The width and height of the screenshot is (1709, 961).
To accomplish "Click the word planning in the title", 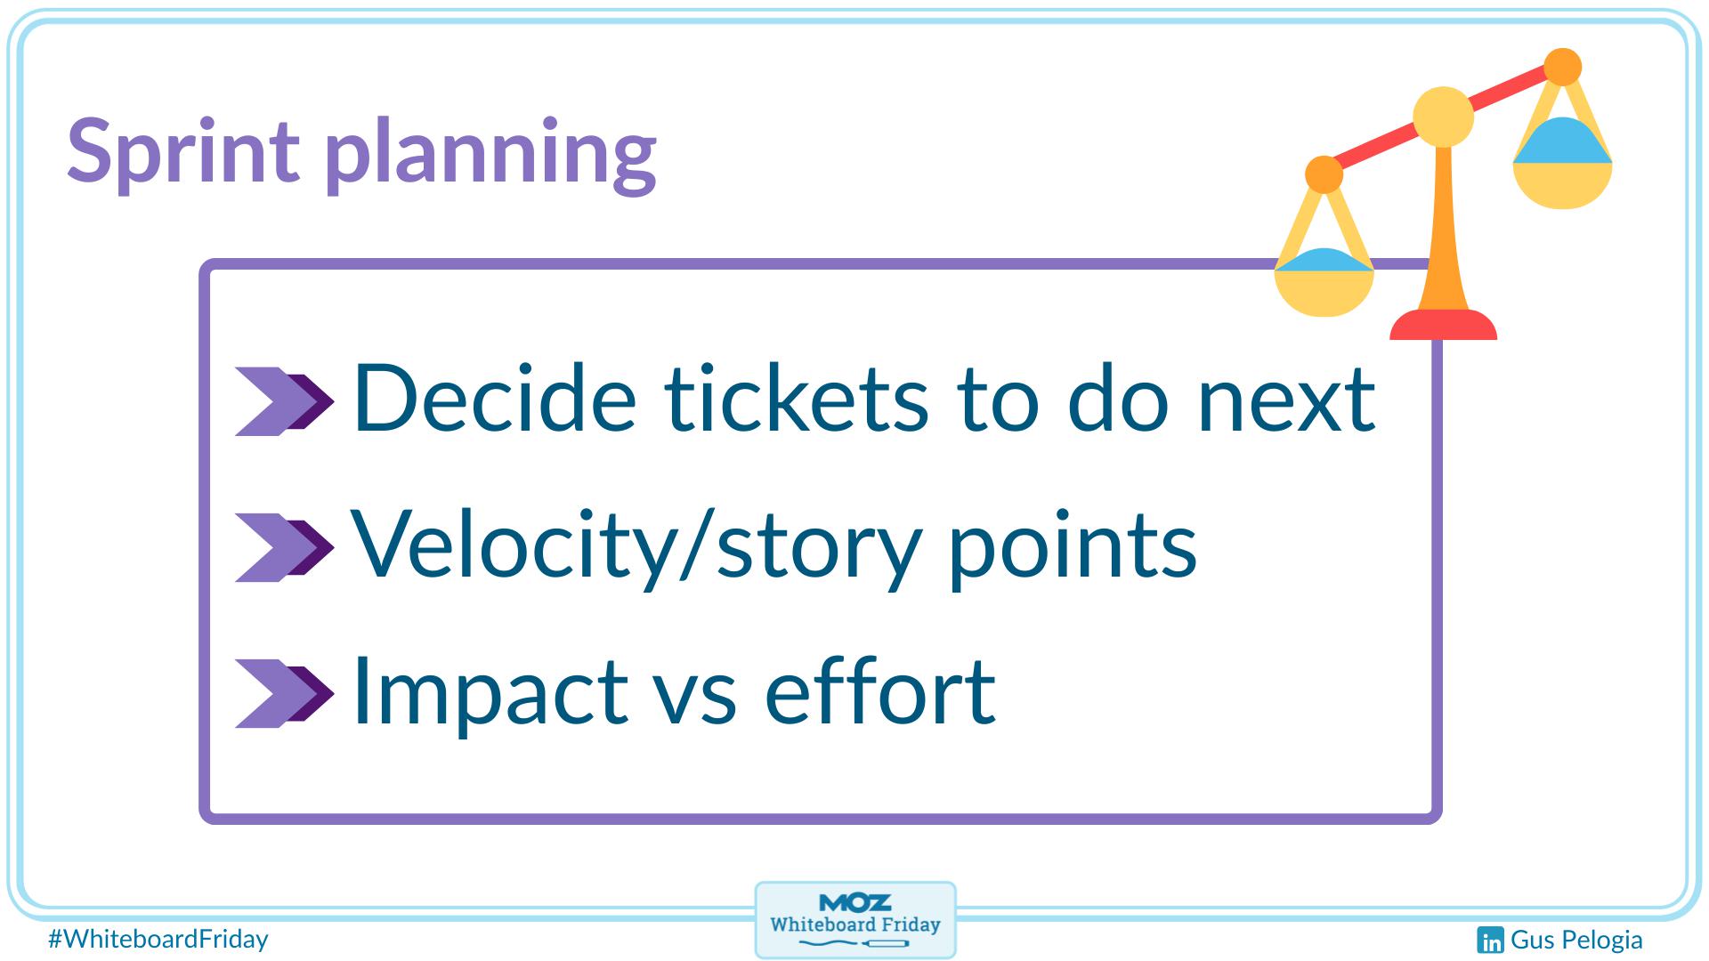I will coord(490,153).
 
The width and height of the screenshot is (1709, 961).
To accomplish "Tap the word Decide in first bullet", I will coord(495,399).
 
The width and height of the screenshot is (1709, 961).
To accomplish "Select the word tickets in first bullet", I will coord(797,399).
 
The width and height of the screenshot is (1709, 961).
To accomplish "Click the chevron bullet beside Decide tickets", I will coord(284,401).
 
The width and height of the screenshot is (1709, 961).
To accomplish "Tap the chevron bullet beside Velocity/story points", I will coord(284,547).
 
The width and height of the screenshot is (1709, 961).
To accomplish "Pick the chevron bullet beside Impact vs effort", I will coord(284,693).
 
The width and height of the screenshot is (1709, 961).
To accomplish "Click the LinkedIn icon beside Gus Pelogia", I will coord(1490,940).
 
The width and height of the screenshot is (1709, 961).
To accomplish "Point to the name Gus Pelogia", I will coord(1576,940).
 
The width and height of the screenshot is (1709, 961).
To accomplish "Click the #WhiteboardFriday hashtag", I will coord(158,939).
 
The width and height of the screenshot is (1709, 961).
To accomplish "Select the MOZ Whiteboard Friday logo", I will coord(855,920).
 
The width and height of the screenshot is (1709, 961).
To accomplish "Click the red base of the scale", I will coord(1443,326).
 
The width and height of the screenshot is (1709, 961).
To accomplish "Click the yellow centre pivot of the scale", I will coord(1443,117).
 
